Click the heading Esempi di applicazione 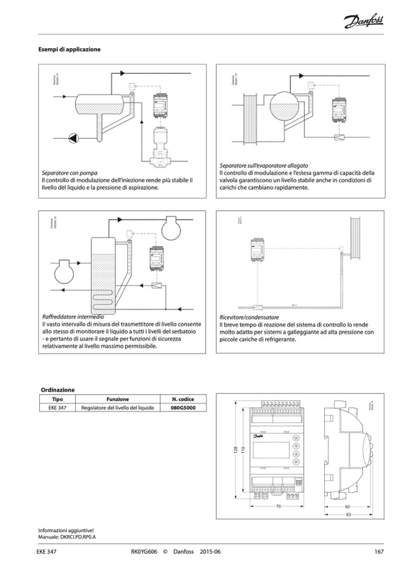69,49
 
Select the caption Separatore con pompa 69,172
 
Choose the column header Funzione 118,398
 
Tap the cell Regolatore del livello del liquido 118,408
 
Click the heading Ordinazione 57,389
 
